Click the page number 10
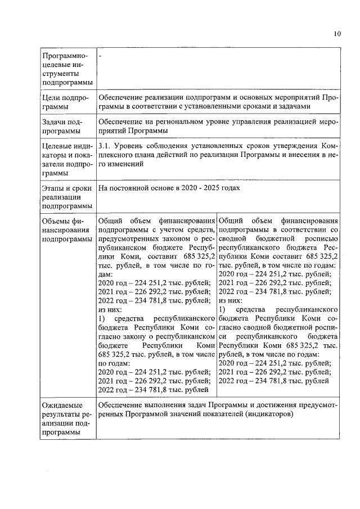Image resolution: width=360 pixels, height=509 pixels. click(x=336, y=33)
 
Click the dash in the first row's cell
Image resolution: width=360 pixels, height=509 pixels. click(x=100, y=57)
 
